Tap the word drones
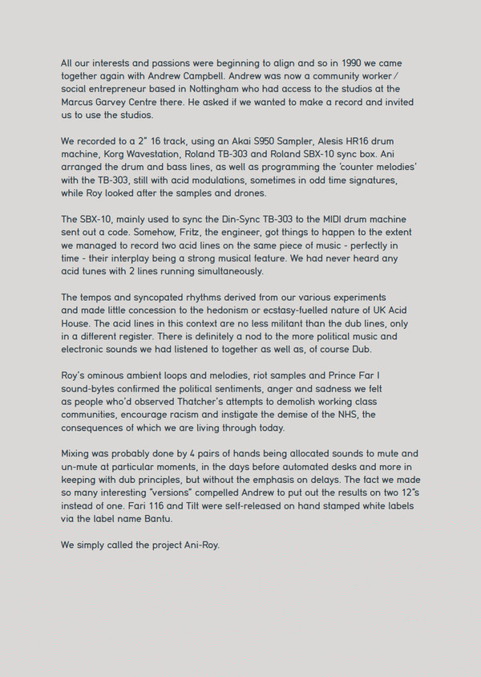[x=244, y=193]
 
